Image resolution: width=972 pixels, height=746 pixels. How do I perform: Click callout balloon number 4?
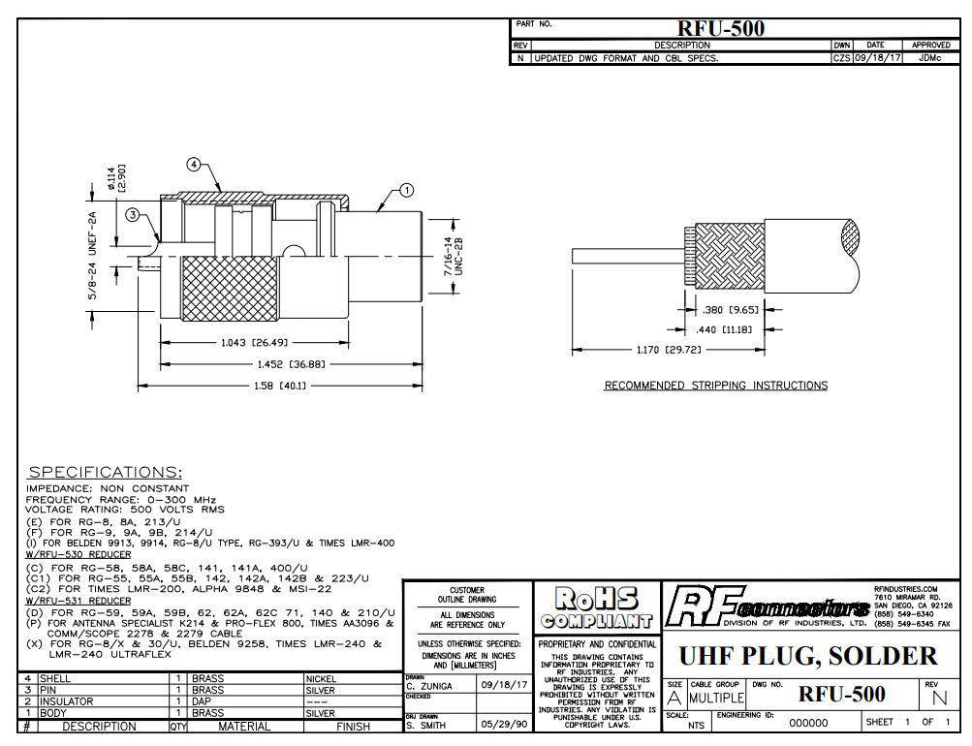click(194, 165)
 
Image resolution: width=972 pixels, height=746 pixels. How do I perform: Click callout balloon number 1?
click(405, 191)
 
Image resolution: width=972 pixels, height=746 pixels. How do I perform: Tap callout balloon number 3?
click(131, 215)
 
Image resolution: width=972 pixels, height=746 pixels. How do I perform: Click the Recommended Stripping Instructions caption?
click(716, 386)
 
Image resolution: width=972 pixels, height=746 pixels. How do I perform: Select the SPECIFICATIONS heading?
click(105, 472)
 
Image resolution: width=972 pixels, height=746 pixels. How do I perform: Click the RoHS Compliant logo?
click(596, 608)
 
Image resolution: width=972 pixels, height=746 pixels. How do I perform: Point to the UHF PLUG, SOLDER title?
click(808, 656)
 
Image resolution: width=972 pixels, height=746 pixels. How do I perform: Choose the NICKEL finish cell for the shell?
click(322, 678)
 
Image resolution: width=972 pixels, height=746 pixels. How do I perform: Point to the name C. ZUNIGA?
click(434, 685)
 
